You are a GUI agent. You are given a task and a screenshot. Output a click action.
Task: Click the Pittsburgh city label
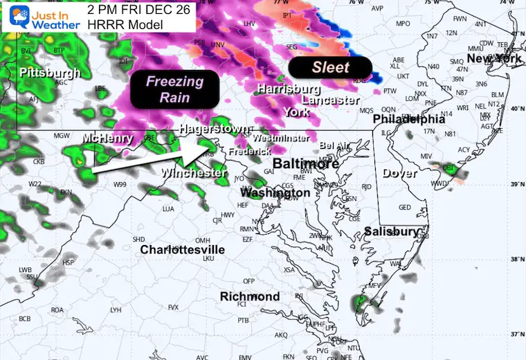tap(50, 73)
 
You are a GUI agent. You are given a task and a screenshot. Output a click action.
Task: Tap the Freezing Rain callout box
tap(174, 89)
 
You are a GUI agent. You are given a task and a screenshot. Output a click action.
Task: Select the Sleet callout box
tap(330, 68)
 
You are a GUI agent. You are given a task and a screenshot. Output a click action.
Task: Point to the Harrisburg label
tap(288, 89)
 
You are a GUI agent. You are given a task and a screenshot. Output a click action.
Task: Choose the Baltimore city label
tap(305, 164)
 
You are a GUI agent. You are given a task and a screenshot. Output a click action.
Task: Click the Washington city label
tap(275, 192)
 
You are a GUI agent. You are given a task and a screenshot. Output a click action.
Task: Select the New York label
tap(493, 59)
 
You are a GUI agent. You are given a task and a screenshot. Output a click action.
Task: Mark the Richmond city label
tap(250, 296)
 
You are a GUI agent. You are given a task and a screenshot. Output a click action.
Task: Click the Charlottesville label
tap(182, 249)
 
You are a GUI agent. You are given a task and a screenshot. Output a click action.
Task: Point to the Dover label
tap(400, 173)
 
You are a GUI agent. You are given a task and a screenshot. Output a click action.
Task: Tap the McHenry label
tap(107, 138)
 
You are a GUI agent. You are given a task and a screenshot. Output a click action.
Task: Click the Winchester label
tap(194, 172)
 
